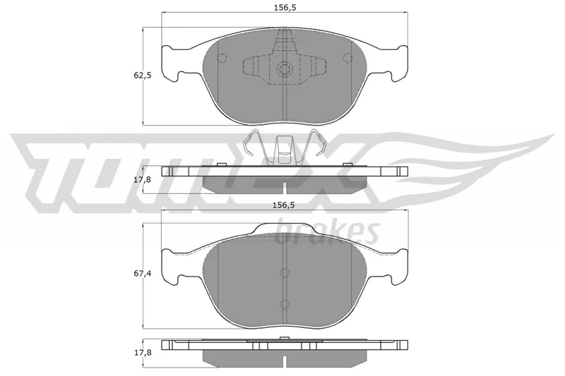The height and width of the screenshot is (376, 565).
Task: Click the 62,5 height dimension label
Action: (x=143, y=75)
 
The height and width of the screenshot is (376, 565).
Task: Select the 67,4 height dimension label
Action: (x=143, y=274)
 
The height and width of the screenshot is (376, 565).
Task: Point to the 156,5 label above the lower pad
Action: (x=283, y=205)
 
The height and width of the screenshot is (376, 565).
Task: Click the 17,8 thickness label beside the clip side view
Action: (x=143, y=179)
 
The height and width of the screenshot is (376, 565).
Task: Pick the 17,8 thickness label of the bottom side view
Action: (x=143, y=353)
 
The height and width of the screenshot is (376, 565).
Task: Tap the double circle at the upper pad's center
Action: (x=285, y=68)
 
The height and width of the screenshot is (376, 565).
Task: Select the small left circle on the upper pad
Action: (x=222, y=58)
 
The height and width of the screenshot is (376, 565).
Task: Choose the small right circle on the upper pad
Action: (x=347, y=58)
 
